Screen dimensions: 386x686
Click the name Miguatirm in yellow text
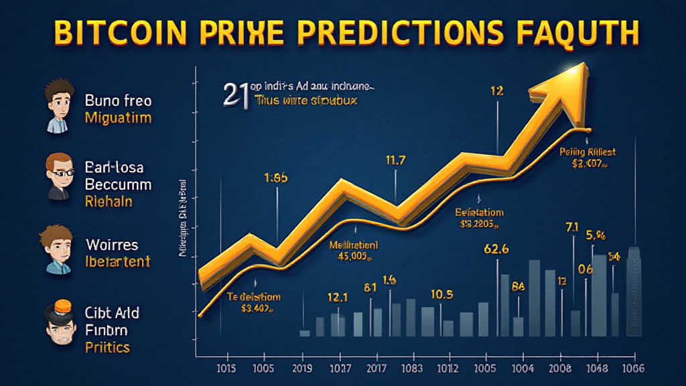pyautogui.click(x=118, y=119)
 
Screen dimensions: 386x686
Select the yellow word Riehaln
pyautogui.click(x=109, y=201)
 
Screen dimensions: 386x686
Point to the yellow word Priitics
pyautogui.click(x=107, y=347)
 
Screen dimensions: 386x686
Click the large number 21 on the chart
pyautogui.click(x=234, y=94)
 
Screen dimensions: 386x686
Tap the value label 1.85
pyautogui.click(x=275, y=179)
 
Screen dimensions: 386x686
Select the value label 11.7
pyautogui.click(x=396, y=160)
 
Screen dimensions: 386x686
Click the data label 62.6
pyautogui.click(x=497, y=249)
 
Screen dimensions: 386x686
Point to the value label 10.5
pyautogui.click(x=441, y=294)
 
